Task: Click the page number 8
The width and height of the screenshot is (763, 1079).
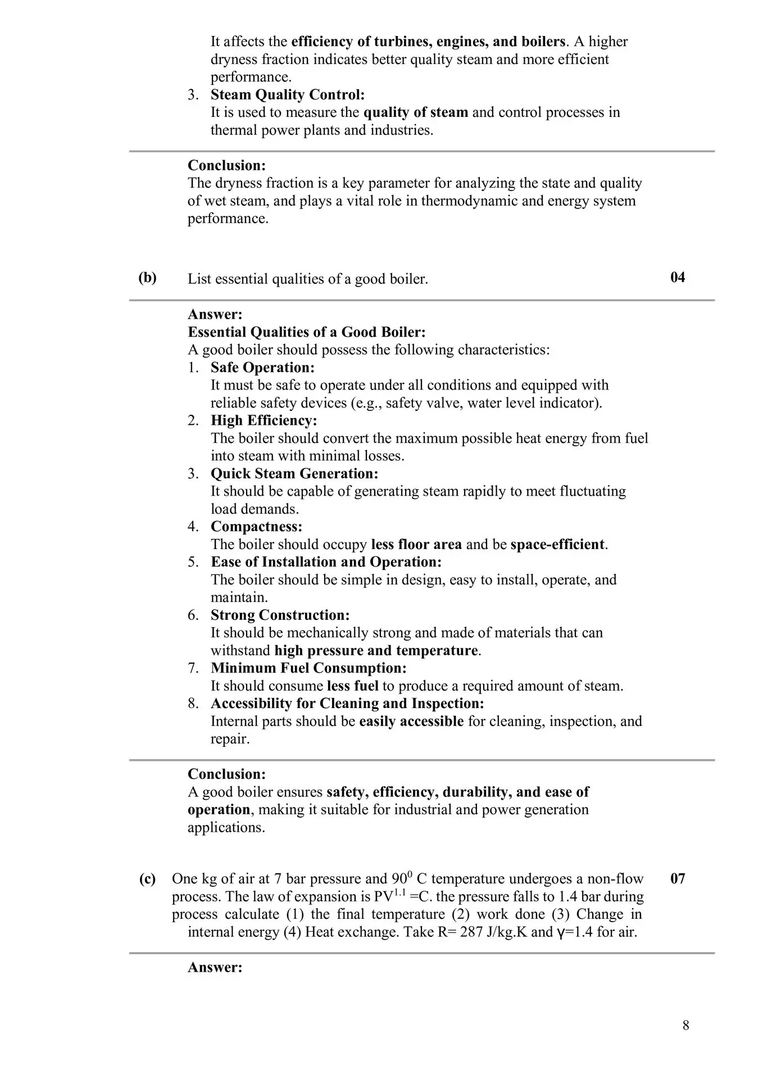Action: pos(685,1026)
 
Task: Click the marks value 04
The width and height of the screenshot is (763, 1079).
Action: pos(678,278)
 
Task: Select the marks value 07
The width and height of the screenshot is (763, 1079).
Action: pos(678,878)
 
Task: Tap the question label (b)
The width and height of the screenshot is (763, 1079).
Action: pos(147,278)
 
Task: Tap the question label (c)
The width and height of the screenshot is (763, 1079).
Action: pos(147,879)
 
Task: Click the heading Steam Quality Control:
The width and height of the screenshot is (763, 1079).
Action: pos(288,94)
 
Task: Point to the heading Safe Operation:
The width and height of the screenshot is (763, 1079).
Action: pos(262,368)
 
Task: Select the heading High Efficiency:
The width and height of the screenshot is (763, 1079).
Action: pos(264,420)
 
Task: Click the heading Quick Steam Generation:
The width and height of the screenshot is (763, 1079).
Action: pos(294,473)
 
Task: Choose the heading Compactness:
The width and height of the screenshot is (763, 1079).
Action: pos(256,527)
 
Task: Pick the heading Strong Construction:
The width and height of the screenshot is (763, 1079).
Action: pos(280,615)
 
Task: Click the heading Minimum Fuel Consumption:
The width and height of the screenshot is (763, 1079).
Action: pos(308,668)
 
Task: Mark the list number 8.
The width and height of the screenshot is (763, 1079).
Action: pos(193,704)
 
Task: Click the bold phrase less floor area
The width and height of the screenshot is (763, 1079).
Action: pos(416,545)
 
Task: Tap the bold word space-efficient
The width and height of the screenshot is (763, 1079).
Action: pos(557,545)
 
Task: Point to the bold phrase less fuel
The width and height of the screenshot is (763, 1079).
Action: pos(352,686)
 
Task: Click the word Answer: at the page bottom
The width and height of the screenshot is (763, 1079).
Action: pos(215,967)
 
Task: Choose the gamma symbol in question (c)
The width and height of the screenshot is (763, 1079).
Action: pos(560,933)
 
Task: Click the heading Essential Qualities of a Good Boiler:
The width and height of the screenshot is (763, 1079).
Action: pos(306,332)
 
